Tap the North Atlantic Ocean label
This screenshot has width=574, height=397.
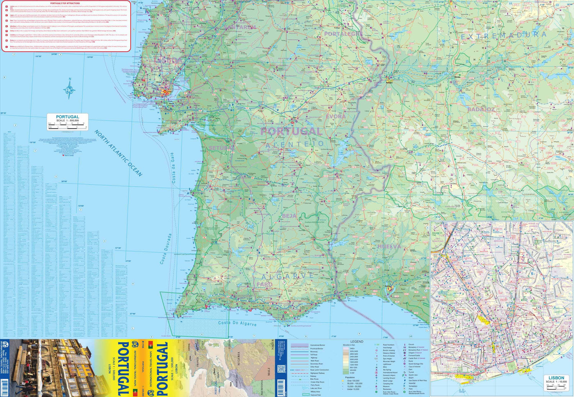pos(118,153)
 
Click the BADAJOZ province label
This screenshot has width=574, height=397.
pos(481,109)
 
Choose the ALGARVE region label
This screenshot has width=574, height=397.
pos(288,276)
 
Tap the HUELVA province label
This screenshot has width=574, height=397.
pos(389,246)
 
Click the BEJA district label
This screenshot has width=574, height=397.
pos(289,216)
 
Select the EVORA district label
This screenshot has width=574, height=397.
pos(336,116)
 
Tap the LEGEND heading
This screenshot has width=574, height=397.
pos(357,341)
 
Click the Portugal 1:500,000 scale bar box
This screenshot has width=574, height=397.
pos(67,122)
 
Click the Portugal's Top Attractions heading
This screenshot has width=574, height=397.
pos(65,3)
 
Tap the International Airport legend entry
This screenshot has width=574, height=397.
pos(390,372)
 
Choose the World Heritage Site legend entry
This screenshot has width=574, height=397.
pos(415,364)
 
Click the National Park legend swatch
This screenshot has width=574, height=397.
pos(306,395)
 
